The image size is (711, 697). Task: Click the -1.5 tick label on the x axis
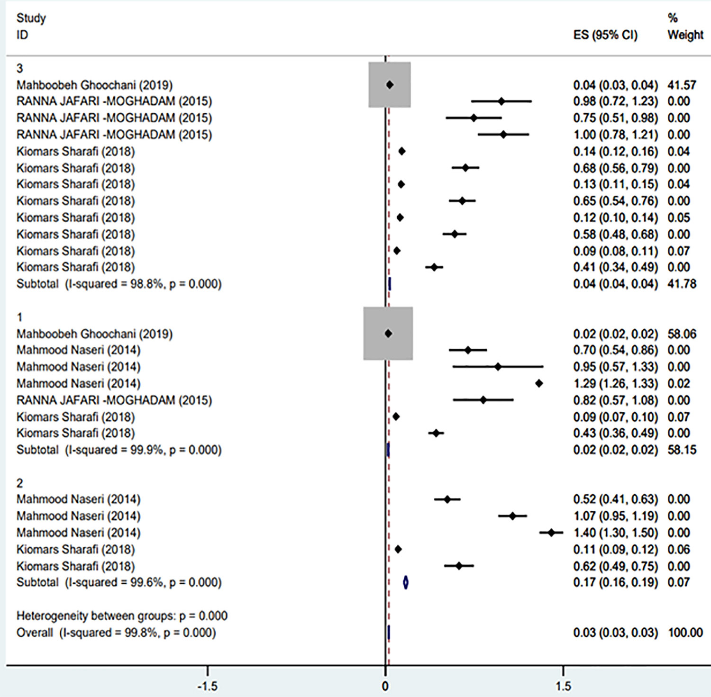pyautogui.click(x=207, y=686)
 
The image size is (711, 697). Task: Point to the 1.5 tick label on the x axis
pyautogui.click(x=563, y=686)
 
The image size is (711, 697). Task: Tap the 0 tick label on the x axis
pyautogui.click(x=385, y=686)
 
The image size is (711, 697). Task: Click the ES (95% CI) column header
pyautogui.click(x=605, y=35)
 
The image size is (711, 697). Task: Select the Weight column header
pyautogui.click(x=685, y=35)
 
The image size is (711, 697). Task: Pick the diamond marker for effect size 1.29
pyautogui.click(x=539, y=383)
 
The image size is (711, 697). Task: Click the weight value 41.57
pyautogui.click(x=682, y=85)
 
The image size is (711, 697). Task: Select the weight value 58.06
pyautogui.click(x=682, y=334)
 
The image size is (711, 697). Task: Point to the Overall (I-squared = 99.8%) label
pyautogui.click(x=116, y=633)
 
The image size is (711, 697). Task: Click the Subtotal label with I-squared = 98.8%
pyautogui.click(x=119, y=284)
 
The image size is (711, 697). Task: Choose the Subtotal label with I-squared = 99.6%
pyautogui.click(x=119, y=582)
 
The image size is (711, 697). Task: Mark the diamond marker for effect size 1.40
pyautogui.click(x=551, y=533)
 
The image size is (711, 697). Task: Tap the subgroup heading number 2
pyautogui.click(x=19, y=483)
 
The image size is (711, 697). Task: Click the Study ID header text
pyautogui.click(x=31, y=27)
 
